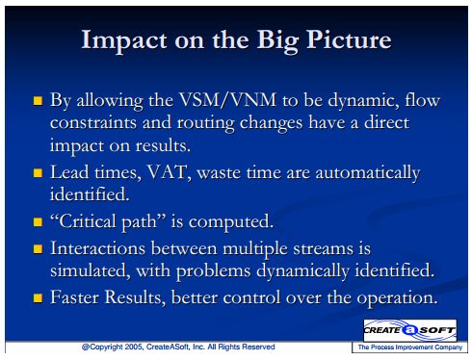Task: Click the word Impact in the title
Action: coord(124,40)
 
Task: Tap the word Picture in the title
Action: coord(349,39)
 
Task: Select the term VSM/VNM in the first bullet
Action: coord(227,100)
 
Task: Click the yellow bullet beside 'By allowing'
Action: coord(38,101)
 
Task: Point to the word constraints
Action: coord(93,122)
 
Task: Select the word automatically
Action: coord(368,173)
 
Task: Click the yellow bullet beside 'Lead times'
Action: coord(38,173)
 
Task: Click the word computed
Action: coord(230,222)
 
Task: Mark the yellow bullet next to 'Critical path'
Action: coord(38,222)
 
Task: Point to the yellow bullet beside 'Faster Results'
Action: coord(38,298)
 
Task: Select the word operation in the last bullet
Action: coord(398,298)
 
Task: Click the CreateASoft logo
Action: coord(409,330)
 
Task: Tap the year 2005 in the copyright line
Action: coord(134,347)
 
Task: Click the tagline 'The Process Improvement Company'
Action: coord(410,347)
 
